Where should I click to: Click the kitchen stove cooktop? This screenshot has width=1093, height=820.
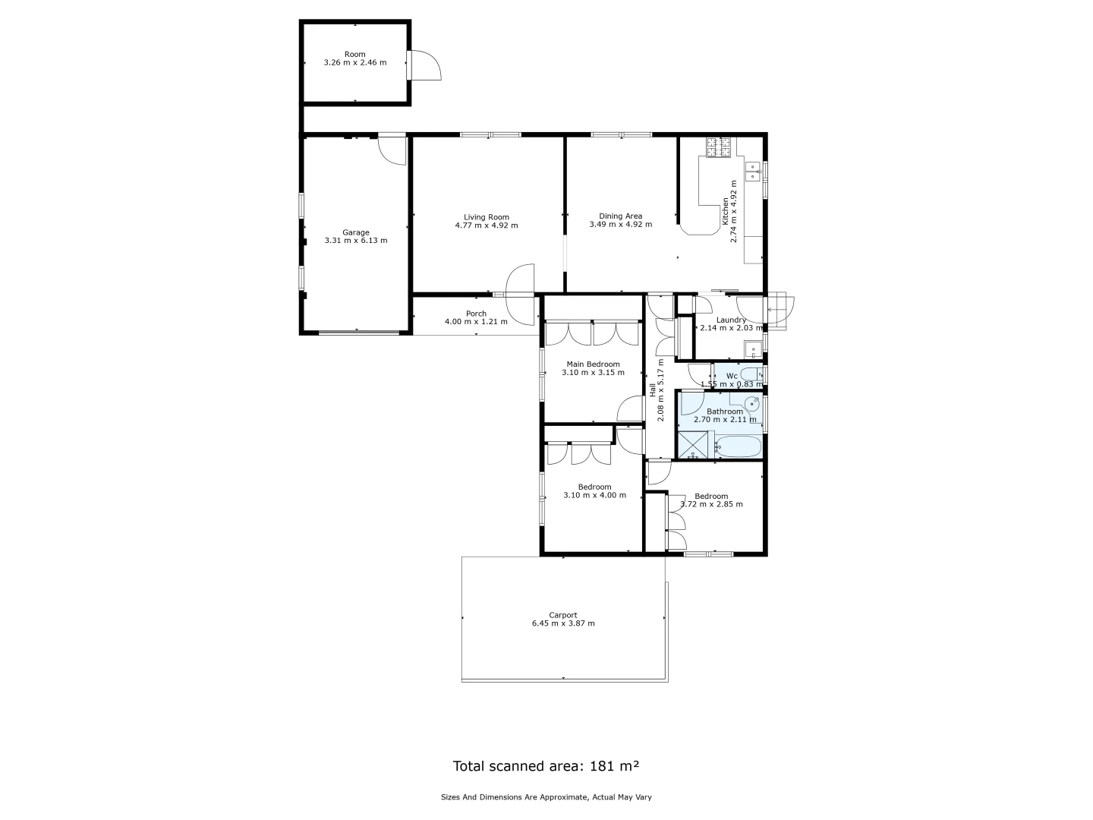719,147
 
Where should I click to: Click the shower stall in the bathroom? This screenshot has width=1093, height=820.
694,445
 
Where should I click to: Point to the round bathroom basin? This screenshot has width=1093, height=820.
752,403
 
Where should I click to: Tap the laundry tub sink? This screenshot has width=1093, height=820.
752,350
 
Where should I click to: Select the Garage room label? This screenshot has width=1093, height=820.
355,232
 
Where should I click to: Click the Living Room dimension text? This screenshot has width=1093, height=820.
487,225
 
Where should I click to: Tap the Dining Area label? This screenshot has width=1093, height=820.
620,216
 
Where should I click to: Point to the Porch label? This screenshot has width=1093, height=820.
476,314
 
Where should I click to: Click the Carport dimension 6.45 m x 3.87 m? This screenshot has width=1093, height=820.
563,624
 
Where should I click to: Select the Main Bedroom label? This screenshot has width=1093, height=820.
593,364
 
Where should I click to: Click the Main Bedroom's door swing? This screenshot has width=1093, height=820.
631,409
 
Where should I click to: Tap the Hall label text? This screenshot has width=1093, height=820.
652,390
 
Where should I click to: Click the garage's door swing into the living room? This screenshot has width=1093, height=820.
393,150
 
